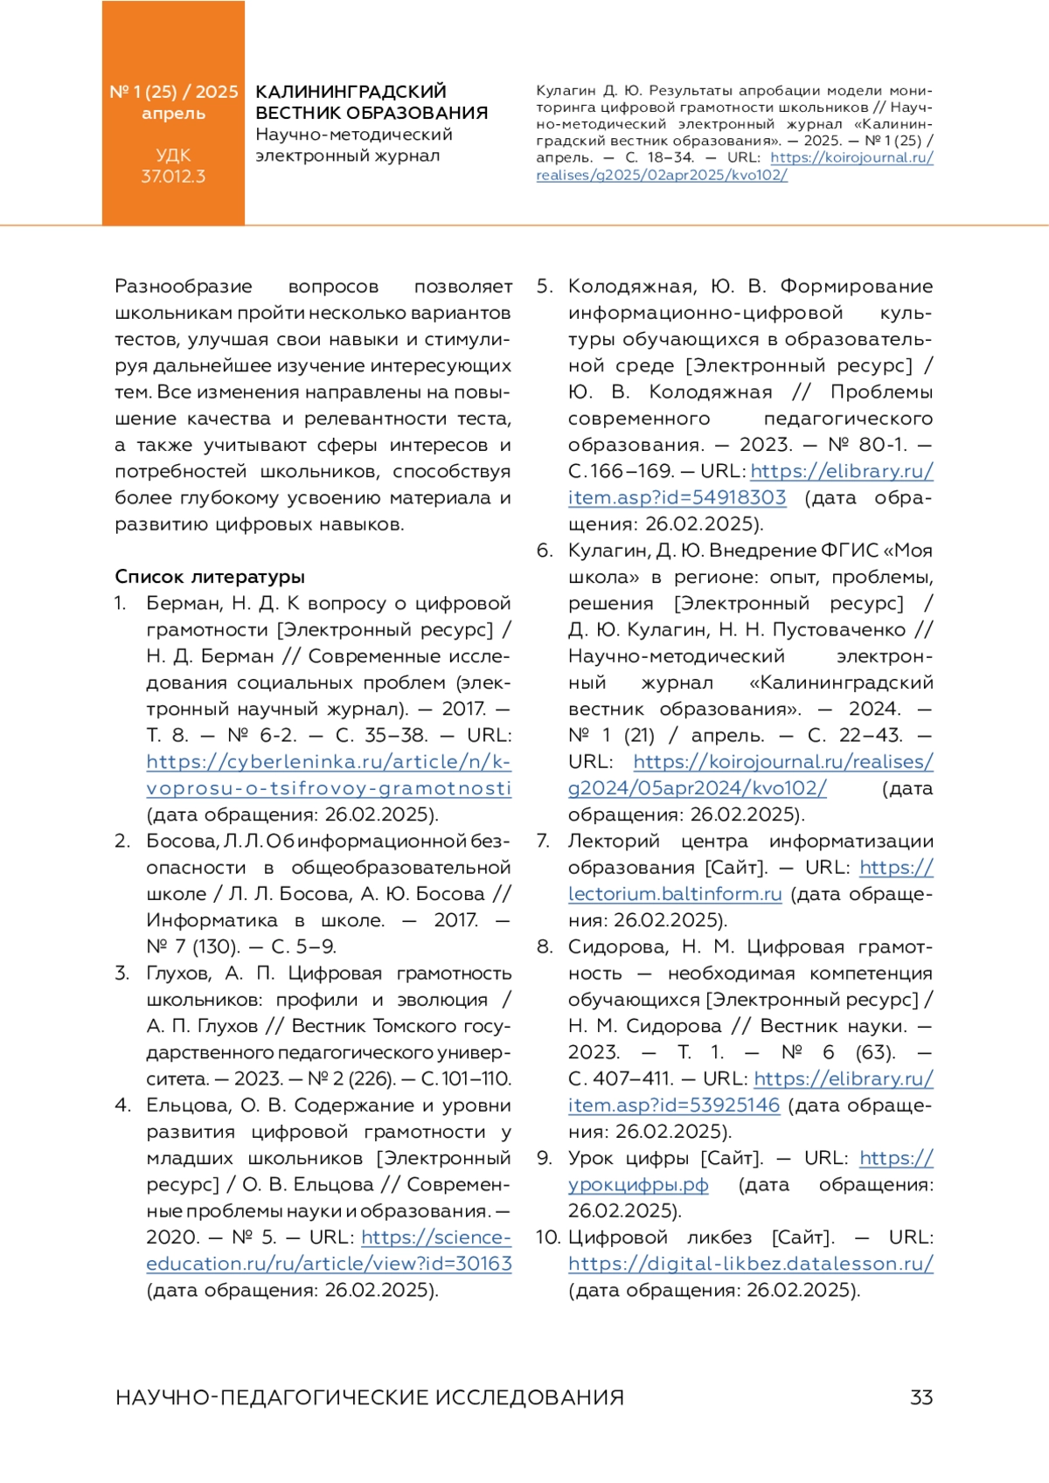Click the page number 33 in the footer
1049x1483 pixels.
click(x=921, y=1397)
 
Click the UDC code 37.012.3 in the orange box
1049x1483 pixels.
click(x=173, y=177)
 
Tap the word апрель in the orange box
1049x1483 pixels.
click(x=173, y=114)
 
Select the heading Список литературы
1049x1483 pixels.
click(x=210, y=577)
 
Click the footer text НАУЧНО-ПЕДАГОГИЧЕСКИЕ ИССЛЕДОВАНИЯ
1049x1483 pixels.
click(x=369, y=1397)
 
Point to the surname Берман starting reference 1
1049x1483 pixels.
click(x=182, y=604)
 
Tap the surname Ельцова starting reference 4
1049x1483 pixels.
click(x=184, y=1105)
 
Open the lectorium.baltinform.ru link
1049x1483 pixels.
click(x=675, y=894)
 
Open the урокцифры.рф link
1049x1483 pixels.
click(x=638, y=1185)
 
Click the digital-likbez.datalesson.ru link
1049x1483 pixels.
click(x=750, y=1264)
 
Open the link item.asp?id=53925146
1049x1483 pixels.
click(x=673, y=1105)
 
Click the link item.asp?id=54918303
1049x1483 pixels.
click(x=677, y=498)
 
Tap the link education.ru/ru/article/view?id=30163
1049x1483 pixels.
click(x=329, y=1264)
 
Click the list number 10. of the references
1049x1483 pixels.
click(x=548, y=1237)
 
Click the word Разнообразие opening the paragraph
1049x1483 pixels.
click(x=184, y=287)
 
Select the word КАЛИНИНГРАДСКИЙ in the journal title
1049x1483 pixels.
click(x=351, y=92)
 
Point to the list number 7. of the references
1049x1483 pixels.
click(x=544, y=842)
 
